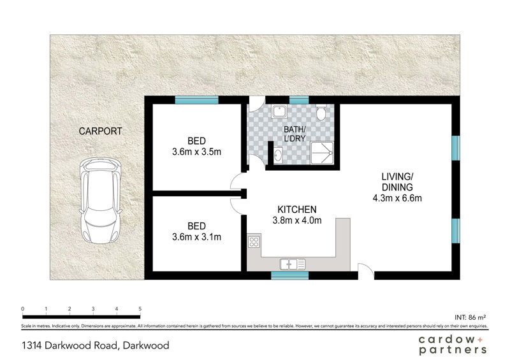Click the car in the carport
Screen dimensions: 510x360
[x=101, y=200]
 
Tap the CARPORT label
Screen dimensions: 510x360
[x=101, y=131]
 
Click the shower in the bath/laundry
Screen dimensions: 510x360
[x=322, y=153]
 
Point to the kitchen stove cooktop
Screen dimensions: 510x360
[x=254, y=241]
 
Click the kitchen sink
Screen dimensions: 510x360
[x=293, y=264]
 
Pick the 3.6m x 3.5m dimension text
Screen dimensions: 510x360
[x=197, y=152]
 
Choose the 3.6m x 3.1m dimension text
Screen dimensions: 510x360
[x=197, y=237]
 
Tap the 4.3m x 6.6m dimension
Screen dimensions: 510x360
[x=397, y=198]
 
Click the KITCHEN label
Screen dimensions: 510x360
[x=297, y=210]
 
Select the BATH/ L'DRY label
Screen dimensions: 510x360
[x=295, y=134]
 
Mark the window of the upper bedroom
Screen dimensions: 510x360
[x=196, y=100]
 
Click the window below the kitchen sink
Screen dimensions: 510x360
[x=290, y=275]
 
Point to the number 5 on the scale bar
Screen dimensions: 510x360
[x=140, y=309]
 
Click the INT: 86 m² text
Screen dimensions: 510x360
[x=470, y=317]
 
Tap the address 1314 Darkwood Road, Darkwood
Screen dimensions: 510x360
[x=96, y=345]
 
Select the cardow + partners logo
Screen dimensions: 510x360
[x=453, y=345]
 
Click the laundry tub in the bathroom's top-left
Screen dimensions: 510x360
[x=279, y=112]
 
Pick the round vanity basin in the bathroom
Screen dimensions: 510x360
[x=278, y=155]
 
